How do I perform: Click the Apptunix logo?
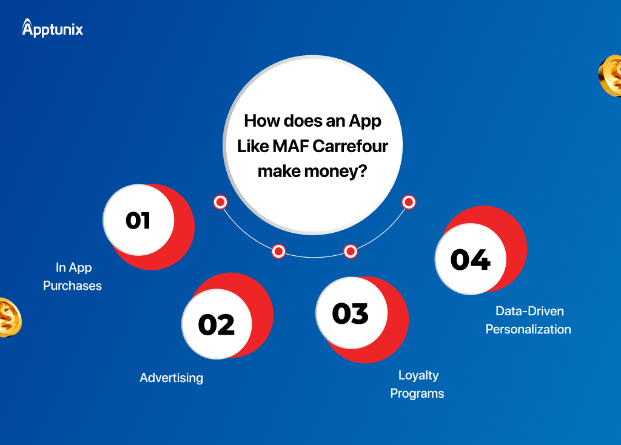[x=52, y=28]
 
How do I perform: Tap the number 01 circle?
[x=139, y=219]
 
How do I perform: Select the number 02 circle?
[x=217, y=324]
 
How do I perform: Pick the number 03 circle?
[x=351, y=313]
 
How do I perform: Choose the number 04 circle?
[x=471, y=259]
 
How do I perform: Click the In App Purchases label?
[x=73, y=276]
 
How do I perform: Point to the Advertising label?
[x=172, y=378]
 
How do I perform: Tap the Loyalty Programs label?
[x=417, y=384]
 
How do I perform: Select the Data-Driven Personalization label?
[x=528, y=320]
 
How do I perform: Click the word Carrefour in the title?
[x=352, y=146]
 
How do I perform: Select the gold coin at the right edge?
[x=610, y=76]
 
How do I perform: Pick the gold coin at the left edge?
[x=10, y=318]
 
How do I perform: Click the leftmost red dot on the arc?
[x=220, y=202]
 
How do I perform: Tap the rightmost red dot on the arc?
[x=409, y=202]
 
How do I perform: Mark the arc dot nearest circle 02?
[x=278, y=252]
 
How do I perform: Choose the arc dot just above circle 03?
[x=351, y=252]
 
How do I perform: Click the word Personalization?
[x=528, y=329]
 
